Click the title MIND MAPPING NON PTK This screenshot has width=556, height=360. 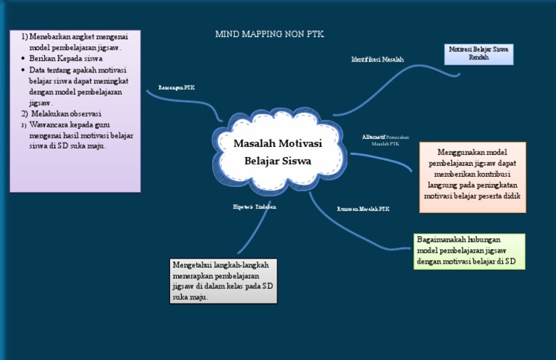coord(269,34)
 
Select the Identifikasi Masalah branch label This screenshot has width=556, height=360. coord(377,59)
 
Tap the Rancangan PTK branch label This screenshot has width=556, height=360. coord(176,88)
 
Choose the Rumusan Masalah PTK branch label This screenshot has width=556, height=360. coord(363,209)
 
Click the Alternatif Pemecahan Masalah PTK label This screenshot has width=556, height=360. coord(384,140)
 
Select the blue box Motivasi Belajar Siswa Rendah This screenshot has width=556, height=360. coord(478,54)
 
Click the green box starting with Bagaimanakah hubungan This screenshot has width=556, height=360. coord(469,251)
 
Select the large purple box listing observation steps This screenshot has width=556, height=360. coord(75,110)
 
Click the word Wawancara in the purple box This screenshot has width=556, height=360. coord(49,125)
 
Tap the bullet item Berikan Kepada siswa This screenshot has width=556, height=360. coord(66,59)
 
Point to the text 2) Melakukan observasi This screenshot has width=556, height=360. coord(61,114)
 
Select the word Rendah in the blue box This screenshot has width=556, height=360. coord(478,58)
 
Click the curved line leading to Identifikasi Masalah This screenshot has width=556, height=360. coord(391,87)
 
